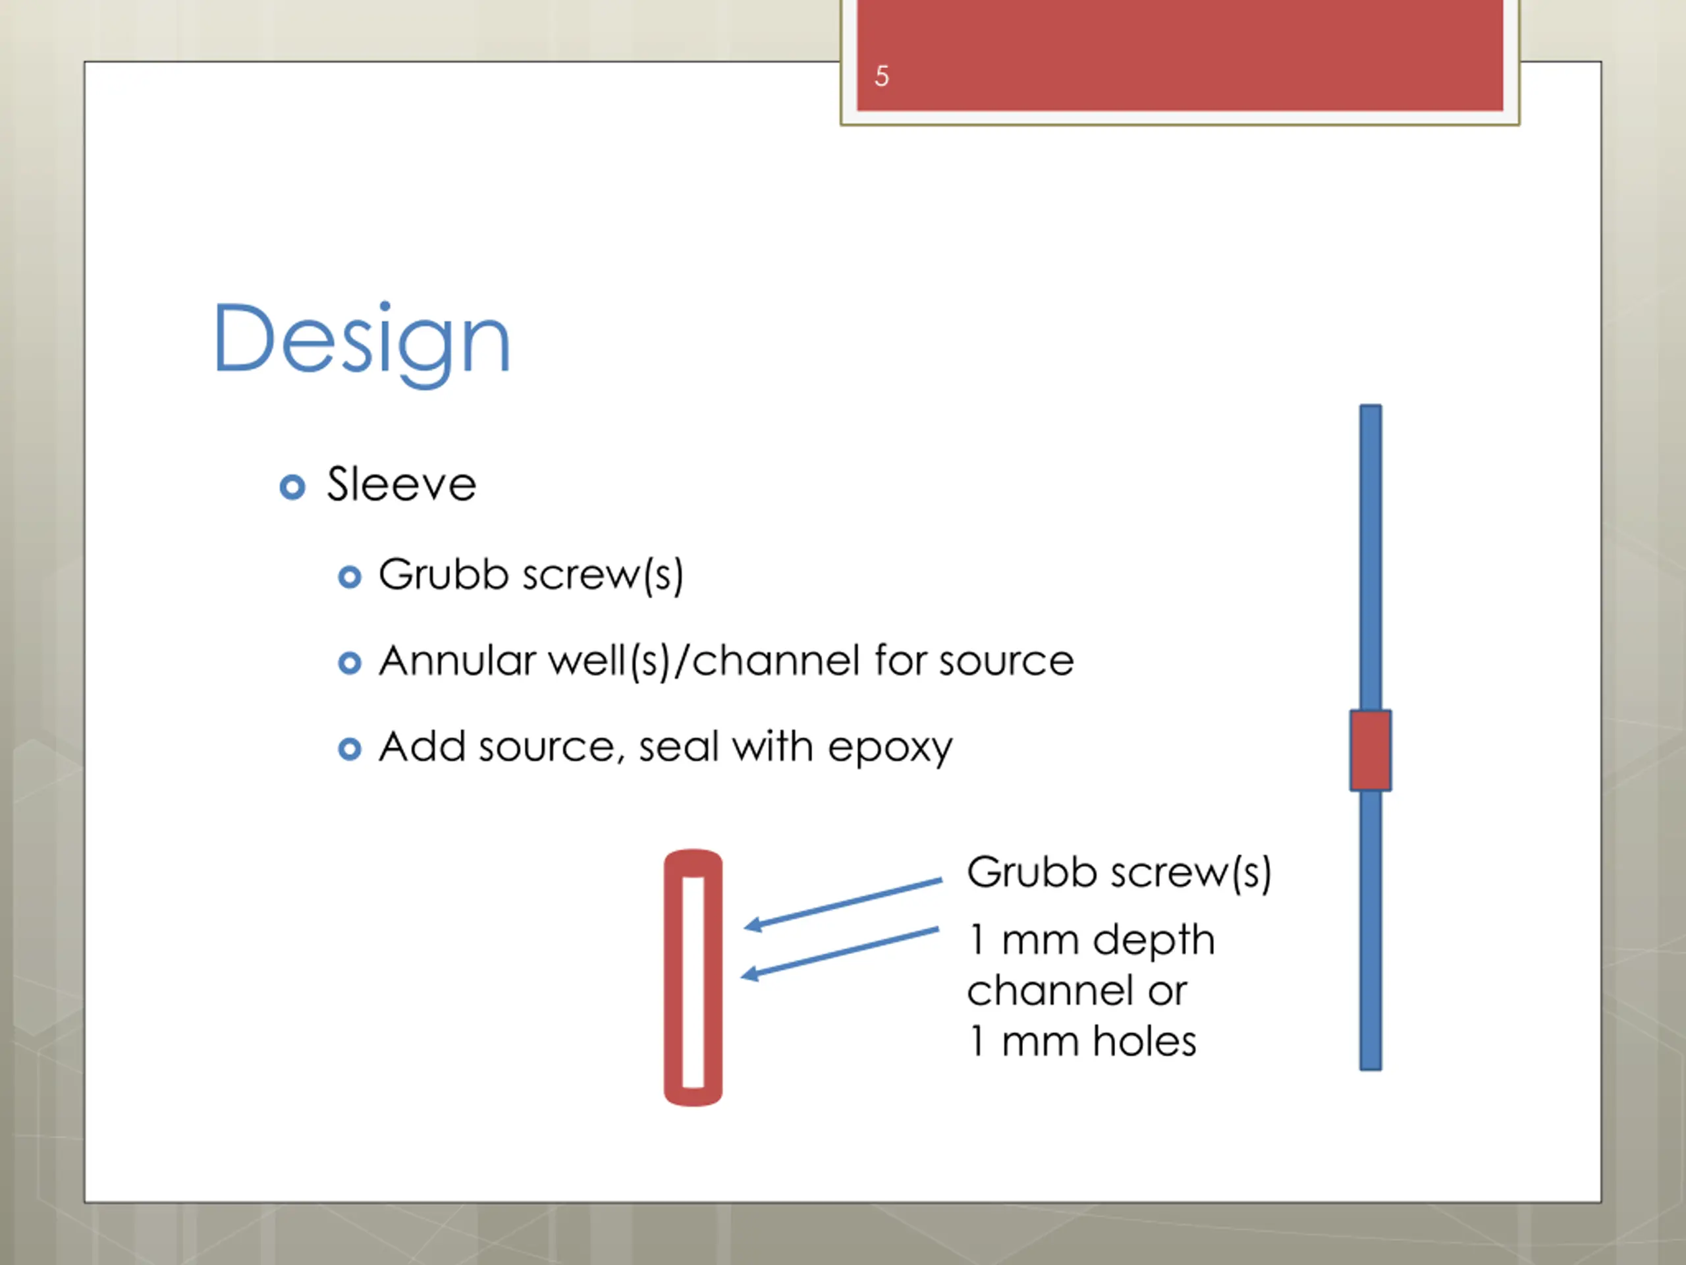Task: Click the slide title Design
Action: click(362, 339)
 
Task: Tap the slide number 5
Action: click(881, 76)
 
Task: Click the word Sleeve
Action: click(401, 484)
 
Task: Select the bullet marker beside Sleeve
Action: click(292, 486)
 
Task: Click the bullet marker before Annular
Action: click(349, 663)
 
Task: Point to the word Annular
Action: click(457, 660)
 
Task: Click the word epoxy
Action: click(890, 747)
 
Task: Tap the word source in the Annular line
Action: click(1006, 660)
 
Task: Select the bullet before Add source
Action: click(349, 748)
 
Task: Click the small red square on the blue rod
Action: click(1370, 750)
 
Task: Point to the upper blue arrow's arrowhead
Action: click(751, 925)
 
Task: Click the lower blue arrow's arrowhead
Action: click(750, 974)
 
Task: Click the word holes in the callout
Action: click(1144, 1041)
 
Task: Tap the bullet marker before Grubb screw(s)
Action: click(349, 577)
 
